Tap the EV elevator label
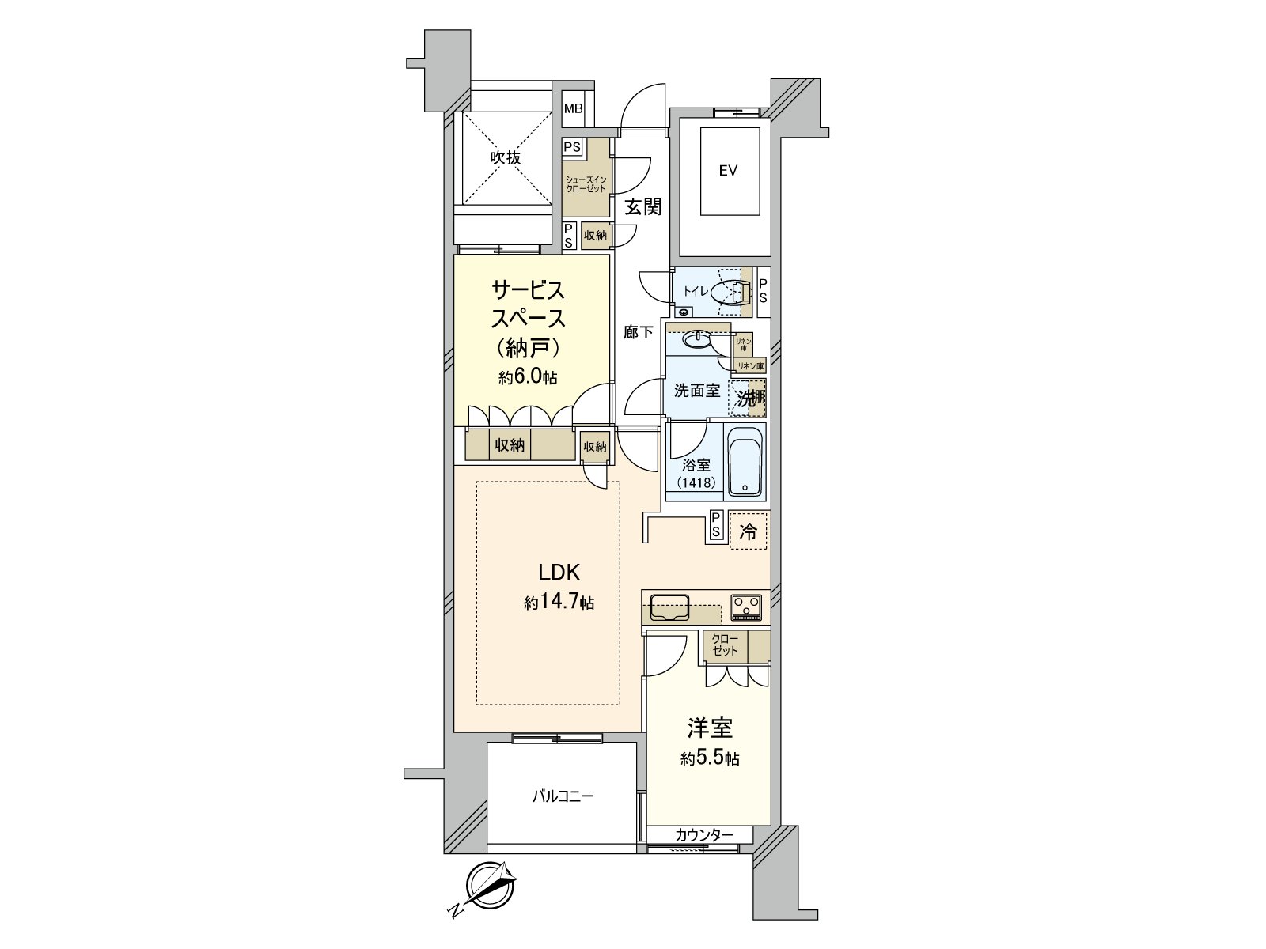tap(728, 170)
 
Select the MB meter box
tap(573, 108)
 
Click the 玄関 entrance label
tap(642, 208)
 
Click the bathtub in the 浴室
tap(745, 463)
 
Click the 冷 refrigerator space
tap(748, 532)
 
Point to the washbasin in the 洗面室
tap(697, 340)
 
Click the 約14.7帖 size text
tap(559, 603)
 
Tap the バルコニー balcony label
tap(562, 796)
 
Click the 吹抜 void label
tap(506, 158)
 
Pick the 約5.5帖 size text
tap(710, 759)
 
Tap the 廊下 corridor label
tap(638, 333)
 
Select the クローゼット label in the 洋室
tap(725, 645)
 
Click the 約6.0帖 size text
tap(528, 377)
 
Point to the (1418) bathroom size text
tap(696, 482)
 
